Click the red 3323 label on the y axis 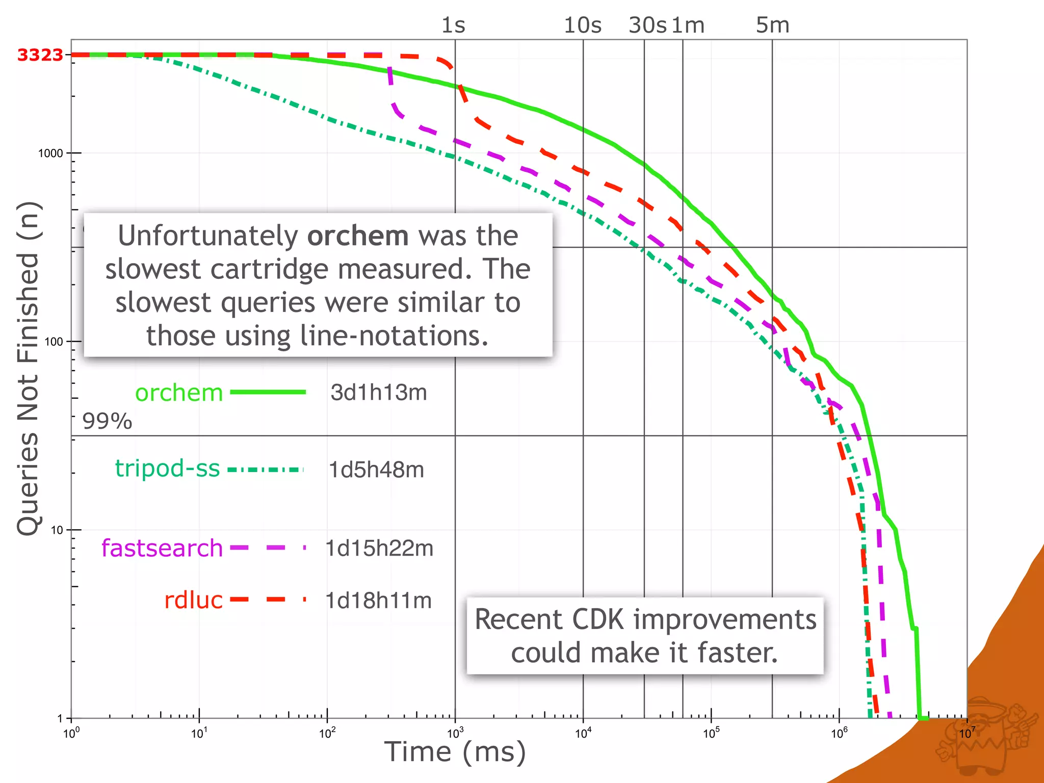coord(40,55)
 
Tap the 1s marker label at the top coord(453,25)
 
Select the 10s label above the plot coord(582,25)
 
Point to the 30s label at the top coord(647,25)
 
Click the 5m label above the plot coord(772,25)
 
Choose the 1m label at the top coord(688,25)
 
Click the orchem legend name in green coord(179,393)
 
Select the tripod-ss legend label coord(167,468)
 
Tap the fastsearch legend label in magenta coord(162,548)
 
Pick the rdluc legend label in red coord(193,600)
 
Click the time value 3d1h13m coord(378,393)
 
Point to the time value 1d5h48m coord(376,469)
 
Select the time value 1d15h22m coord(379,549)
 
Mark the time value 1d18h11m coord(378,601)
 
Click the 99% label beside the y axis coord(107,421)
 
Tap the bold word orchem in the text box coord(358,236)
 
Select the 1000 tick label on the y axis coord(50,153)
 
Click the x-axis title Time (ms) coord(455,752)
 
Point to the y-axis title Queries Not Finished coord(29,367)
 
